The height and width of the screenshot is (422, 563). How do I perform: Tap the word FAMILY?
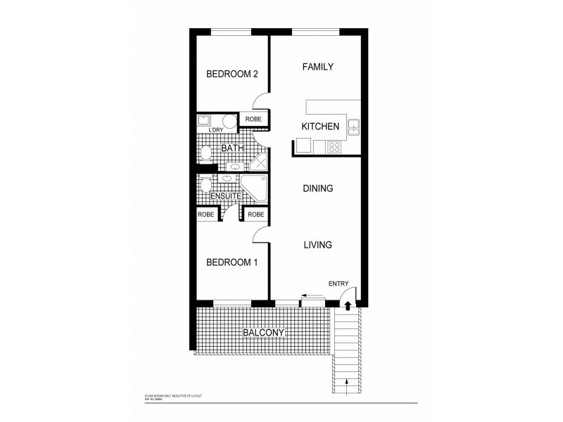317,67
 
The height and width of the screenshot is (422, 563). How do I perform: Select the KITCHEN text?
320,127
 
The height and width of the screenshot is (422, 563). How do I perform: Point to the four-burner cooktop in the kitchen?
335,147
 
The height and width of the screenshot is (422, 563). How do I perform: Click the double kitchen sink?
353,127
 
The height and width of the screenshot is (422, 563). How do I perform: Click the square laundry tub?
205,120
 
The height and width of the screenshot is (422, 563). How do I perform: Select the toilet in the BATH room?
205,153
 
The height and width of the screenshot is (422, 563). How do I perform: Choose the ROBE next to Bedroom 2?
253,120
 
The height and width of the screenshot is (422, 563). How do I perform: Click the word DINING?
317,188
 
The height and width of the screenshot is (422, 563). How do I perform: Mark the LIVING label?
317,245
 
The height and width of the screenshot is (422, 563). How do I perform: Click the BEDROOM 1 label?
232,262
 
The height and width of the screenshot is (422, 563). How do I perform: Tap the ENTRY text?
339,283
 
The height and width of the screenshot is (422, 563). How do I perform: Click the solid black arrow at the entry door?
347,303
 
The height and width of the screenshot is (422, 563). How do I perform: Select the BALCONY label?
264,333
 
